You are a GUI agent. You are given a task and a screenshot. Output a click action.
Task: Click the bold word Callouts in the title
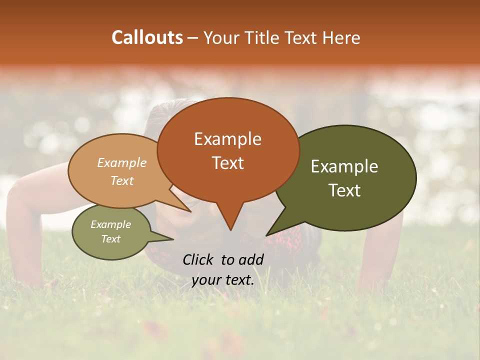pyautogui.click(x=147, y=37)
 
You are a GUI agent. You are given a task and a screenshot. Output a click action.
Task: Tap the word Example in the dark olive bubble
pyautogui.click(x=344, y=166)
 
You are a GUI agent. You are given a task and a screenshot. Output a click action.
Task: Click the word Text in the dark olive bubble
pyautogui.click(x=344, y=190)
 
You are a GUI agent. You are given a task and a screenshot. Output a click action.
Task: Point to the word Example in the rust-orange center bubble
pyautogui.click(x=227, y=139)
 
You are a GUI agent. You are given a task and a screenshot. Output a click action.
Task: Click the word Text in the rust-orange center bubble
pyautogui.click(x=227, y=163)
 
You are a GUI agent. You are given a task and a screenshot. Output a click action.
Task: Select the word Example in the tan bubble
pyautogui.click(x=122, y=162)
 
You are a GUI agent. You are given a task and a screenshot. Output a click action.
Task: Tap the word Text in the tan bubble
pyautogui.click(x=122, y=180)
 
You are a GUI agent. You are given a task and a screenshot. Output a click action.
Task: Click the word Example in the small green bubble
pyautogui.click(x=110, y=224)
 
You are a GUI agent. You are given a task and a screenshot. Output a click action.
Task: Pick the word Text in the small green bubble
pyautogui.click(x=110, y=239)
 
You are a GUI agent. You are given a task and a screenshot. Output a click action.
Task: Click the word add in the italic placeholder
pyautogui.click(x=250, y=259)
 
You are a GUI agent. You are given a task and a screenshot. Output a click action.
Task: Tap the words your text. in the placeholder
pyautogui.click(x=222, y=280)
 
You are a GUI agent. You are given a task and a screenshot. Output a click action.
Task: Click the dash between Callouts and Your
pyautogui.click(x=193, y=38)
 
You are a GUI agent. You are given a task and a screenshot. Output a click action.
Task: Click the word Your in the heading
pyautogui.click(x=219, y=37)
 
